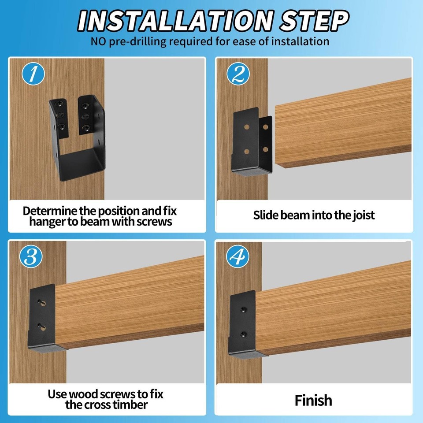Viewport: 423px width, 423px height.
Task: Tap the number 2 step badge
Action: click(238, 74)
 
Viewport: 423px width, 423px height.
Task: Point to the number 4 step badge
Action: click(237, 256)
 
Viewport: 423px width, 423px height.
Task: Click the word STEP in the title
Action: click(310, 20)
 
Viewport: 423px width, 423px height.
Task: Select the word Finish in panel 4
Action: click(313, 400)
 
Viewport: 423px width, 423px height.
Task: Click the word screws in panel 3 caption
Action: click(121, 393)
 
